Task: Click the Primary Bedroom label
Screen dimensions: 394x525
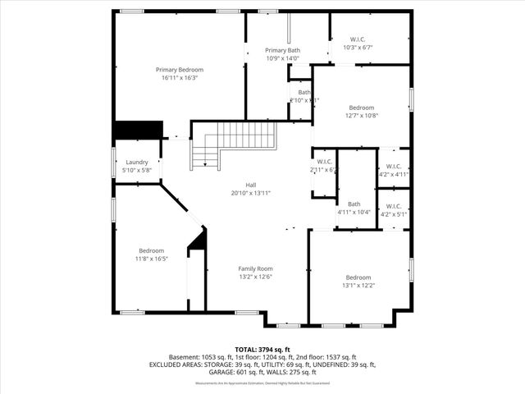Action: point(180,70)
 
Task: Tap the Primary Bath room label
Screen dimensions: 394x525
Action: point(282,50)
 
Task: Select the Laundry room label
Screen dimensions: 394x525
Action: point(137,163)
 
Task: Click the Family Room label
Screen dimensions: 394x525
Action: point(255,268)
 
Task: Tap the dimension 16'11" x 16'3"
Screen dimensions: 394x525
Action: point(180,79)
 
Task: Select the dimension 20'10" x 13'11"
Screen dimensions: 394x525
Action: point(251,193)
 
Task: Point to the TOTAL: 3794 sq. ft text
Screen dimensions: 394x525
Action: point(262,349)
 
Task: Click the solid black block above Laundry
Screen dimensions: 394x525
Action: point(137,131)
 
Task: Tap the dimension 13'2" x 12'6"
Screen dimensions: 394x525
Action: point(255,277)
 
